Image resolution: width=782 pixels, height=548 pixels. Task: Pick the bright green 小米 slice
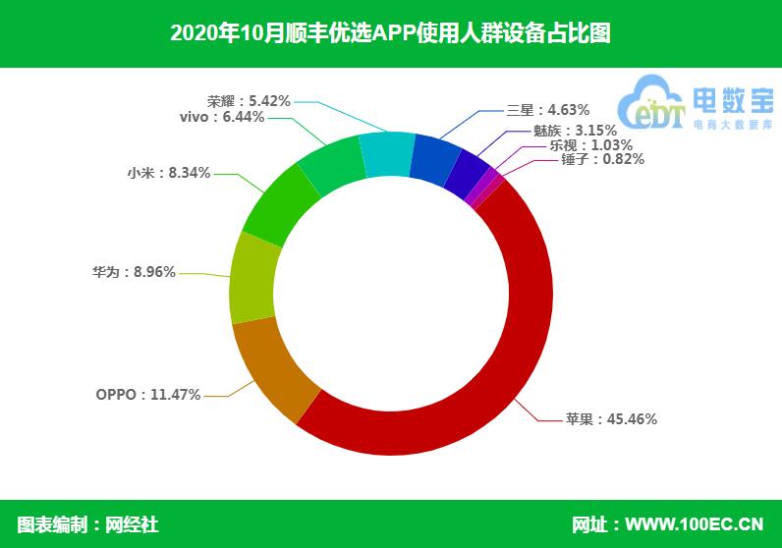[x=279, y=204]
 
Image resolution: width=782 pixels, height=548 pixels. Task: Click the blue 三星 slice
[x=434, y=160]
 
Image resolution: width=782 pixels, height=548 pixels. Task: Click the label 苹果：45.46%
[x=611, y=418]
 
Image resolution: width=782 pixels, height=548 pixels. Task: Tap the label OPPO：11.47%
[x=148, y=395]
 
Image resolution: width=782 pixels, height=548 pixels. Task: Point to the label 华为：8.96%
[x=134, y=272]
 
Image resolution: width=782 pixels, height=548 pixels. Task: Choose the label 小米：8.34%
[x=169, y=173]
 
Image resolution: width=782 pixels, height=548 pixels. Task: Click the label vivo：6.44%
[x=222, y=117]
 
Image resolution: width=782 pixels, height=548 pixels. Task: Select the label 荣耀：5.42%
[x=249, y=101]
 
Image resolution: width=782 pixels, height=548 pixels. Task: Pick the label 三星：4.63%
[x=548, y=110]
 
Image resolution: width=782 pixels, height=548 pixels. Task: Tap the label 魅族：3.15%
[x=575, y=131]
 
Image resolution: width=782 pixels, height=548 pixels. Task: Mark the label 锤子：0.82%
[x=602, y=159]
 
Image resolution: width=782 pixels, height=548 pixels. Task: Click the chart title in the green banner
[x=390, y=33]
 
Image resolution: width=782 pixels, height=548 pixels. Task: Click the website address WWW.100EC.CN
[x=695, y=524]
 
